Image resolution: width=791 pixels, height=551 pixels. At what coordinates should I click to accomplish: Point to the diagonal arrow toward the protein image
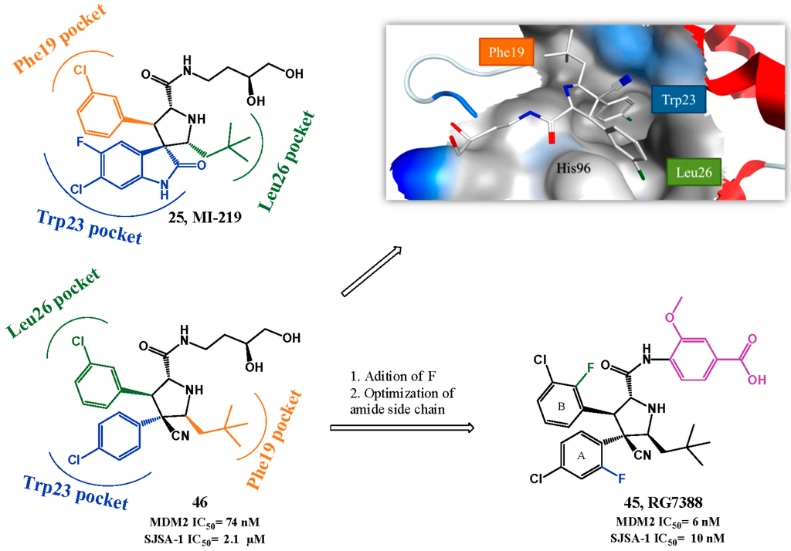pyautogui.click(x=371, y=270)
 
